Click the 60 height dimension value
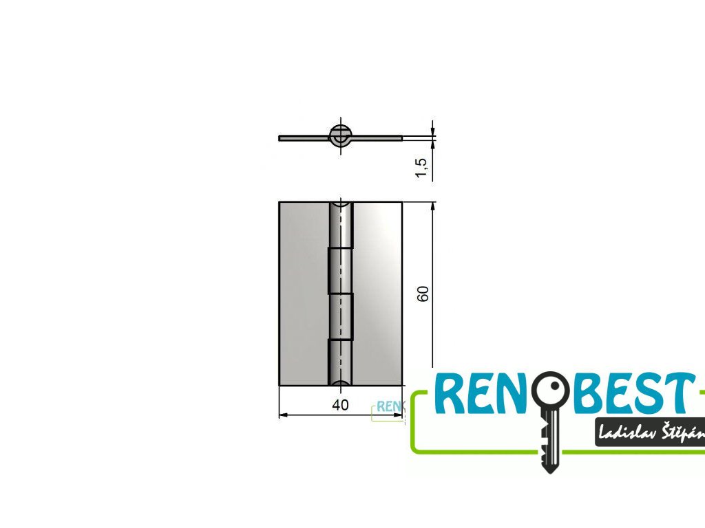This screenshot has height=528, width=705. (x=423, y=293)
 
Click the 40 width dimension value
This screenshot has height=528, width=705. (x=340, y=405)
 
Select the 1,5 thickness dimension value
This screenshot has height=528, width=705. (x=422, y=168)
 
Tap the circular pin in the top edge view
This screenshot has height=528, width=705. (x=340, y=136)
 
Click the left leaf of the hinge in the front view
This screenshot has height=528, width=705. (x=303, y=293)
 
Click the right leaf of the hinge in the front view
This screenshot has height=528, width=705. (x=377, y=293)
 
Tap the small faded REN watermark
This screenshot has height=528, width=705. (x=388, y=407)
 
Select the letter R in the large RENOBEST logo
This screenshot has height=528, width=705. (x=451, y=395)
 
